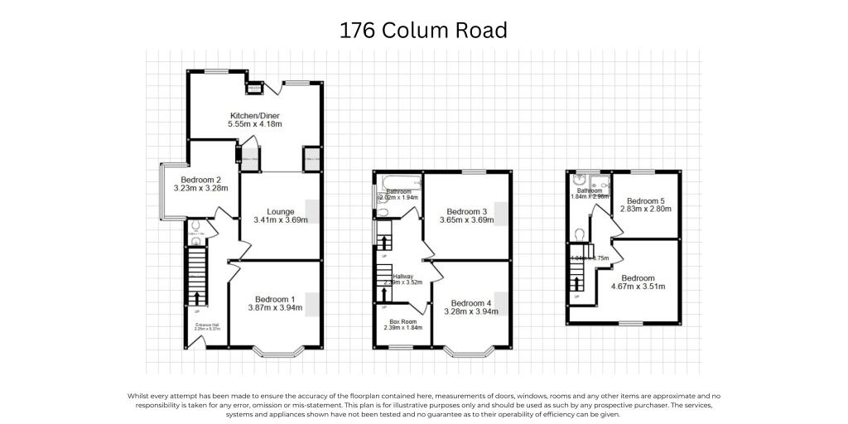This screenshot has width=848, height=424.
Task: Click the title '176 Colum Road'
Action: [x=423, y=31]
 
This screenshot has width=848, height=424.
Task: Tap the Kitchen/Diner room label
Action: [x=255, y=115]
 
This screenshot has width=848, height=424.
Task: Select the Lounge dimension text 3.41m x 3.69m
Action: [x=280, y=220]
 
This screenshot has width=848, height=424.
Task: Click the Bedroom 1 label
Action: [x=274, y=299]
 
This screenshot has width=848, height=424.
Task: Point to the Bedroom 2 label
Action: [x=200, y=180]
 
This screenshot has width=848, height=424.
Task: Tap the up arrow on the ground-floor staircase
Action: [x=196, y=298]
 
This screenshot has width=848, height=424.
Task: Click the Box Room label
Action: [x=402, y=321]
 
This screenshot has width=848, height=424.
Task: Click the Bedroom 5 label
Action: [x=645, y=201]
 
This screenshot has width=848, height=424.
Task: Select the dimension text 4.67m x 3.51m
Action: [x=638, y=287]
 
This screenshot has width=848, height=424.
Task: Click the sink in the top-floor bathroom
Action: [x=581, y=180]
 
